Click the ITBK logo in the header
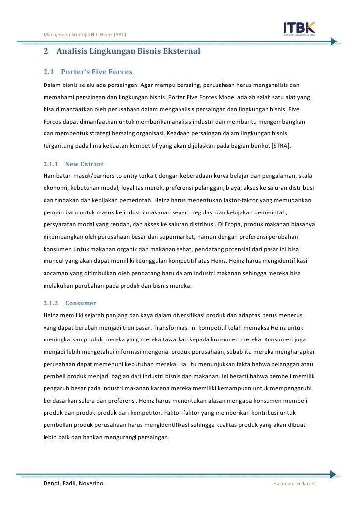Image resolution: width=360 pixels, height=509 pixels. [x=299, y=28]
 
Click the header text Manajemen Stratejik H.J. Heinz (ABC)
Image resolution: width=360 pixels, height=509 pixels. [x=85, y=34]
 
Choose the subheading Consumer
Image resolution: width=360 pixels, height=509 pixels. [x=80, y=303]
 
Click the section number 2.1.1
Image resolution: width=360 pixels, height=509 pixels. [x=51, y=163]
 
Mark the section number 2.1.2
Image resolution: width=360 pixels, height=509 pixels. [x=51, y=303]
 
